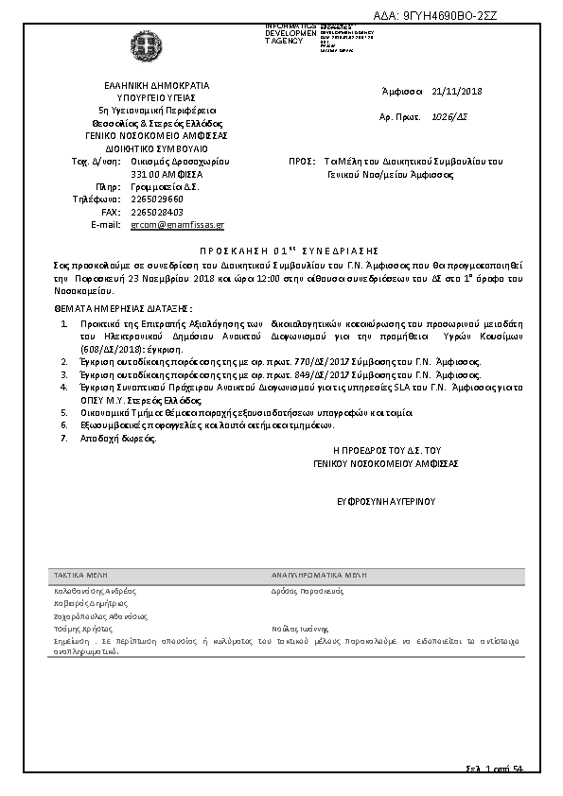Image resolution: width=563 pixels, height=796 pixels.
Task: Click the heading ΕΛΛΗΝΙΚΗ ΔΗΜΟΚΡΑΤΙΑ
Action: point(156,85)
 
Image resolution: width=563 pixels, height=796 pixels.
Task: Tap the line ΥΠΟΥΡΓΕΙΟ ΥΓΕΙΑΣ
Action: point(156,97)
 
